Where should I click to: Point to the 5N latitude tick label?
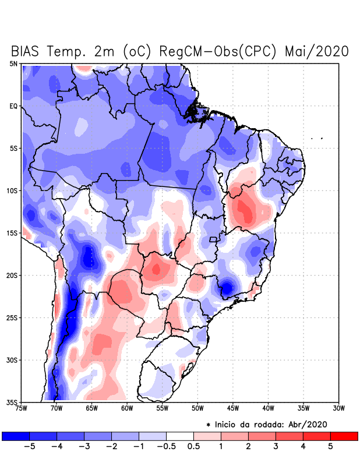coord(13,63)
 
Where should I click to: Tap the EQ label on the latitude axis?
coord(13,106)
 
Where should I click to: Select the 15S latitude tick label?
coord(12,233)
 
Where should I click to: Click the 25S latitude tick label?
coord(12,317)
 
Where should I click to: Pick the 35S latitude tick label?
coord(12,402)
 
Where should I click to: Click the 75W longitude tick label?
coord(22,408)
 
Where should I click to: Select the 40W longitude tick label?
coord(269,408)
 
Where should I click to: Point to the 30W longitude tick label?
coord(340,408)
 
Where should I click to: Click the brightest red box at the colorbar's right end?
coord(344,436)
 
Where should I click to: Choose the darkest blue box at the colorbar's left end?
coord(16,436)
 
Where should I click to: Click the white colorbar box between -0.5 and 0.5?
coord(180,436)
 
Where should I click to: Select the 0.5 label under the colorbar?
coord(193,447)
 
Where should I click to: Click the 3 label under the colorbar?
coord(276,447)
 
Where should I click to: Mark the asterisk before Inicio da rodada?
coord(208,425)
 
